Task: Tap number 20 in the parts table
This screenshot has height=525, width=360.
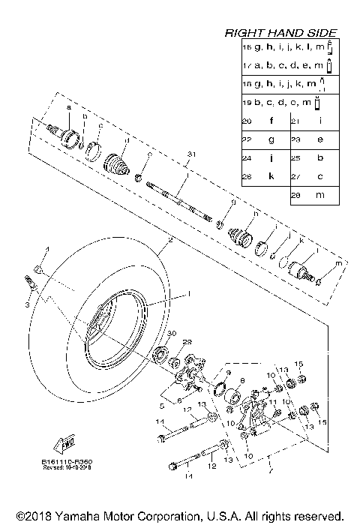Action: tap(246, 120)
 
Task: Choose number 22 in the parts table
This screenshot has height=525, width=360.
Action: tap(246, 139)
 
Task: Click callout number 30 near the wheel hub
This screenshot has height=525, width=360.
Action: tap(171, 333)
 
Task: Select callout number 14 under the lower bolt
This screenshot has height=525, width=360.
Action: tap(188, 476)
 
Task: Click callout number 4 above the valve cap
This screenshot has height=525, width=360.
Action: tap(43, 248)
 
